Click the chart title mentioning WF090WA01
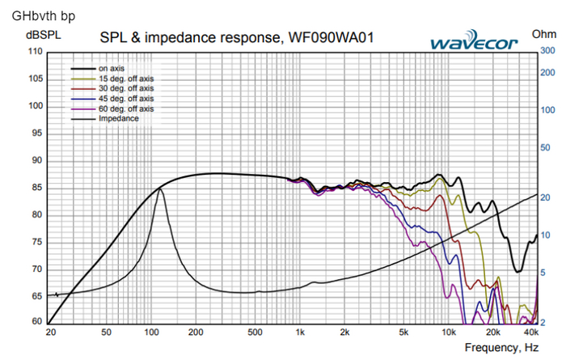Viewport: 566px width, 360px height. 236,37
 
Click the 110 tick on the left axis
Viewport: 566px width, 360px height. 34,51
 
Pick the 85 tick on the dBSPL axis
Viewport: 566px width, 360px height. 36,187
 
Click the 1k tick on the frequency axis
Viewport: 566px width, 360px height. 300,332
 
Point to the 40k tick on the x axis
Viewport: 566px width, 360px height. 531,332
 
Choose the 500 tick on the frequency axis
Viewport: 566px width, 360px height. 254,332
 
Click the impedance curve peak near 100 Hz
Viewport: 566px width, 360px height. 160,188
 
